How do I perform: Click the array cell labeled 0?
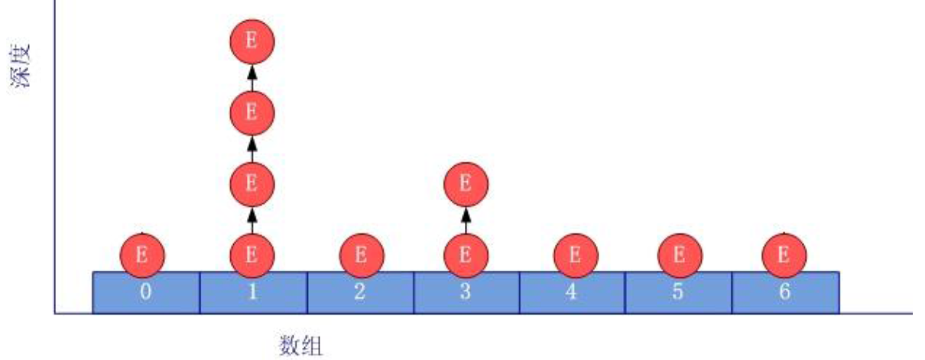(146, 292)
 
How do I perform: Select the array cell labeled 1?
(254, 292)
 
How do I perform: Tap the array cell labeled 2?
(361, 292)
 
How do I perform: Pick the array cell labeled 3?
(466, 292)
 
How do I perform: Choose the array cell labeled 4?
(573, 292)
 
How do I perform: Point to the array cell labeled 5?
(679, 292)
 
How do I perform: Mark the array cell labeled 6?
(785, 292)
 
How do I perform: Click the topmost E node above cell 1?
(252, 42)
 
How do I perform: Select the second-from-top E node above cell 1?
(252, 112)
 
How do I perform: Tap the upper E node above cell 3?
(466, 184)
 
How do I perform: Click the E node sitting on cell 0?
(142, 255)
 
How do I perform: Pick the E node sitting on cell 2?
(362, 255)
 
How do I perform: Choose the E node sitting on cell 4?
(576, 255)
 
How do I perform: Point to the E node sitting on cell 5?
(680, 255)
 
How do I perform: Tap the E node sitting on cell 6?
(784, 255)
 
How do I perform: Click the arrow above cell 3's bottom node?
(466, 220)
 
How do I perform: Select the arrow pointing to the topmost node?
(252, 78)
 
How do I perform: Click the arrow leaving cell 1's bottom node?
(252, 220)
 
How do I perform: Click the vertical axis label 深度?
(20, 66)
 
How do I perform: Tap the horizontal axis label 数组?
(300, 345)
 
